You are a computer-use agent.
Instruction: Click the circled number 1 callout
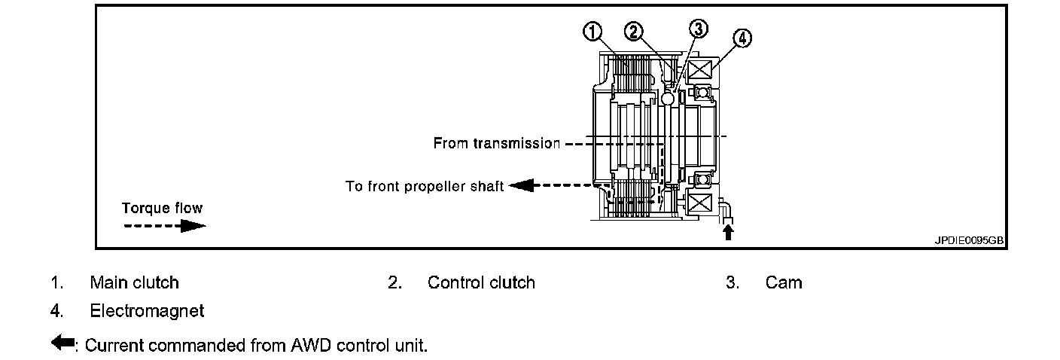click(x=593, y=31)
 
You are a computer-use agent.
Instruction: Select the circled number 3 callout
click(x=699, y=29)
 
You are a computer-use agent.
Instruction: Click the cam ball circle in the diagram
click(x=667, y=97)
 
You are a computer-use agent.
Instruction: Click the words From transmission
click(x=496, y=143)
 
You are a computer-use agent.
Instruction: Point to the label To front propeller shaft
click(x=424, y=186)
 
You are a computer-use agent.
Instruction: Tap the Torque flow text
click(x=163, y=208)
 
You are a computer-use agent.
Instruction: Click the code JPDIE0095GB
click(x=969, y=241)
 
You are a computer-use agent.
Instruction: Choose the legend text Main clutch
click(x=134, y=282)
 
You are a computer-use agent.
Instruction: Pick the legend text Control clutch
click(x=481, y=282)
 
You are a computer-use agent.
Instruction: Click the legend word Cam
click(x=784, y=282)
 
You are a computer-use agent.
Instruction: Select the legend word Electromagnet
click(x=147, y=310)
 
